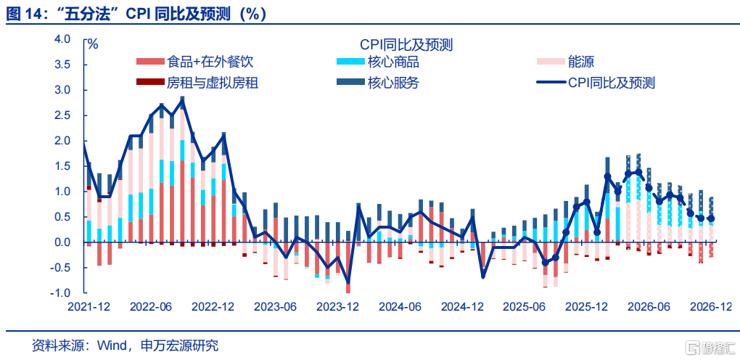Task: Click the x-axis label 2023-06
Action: click(275, 307)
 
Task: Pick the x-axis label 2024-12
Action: click(463, 307)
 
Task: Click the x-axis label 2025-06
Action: click(525, 307)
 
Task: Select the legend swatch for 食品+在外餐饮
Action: click(150, 63)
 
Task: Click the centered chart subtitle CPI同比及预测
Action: click(406, 45)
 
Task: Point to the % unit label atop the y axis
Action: click(92, 44)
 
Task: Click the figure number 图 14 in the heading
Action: click(20, 12)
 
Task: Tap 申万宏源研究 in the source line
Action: click(178, 345)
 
